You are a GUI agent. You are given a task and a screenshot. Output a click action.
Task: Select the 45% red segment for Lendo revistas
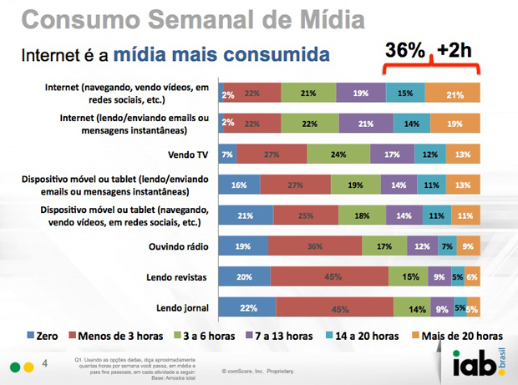[331, 276]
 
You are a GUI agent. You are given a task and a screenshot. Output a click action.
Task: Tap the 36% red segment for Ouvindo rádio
[314, 246]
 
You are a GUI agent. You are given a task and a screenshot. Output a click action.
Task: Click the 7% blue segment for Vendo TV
[227, 155]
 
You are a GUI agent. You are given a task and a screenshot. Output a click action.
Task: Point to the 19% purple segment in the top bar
[362, 94]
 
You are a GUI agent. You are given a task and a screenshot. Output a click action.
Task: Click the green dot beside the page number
[14, 365]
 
